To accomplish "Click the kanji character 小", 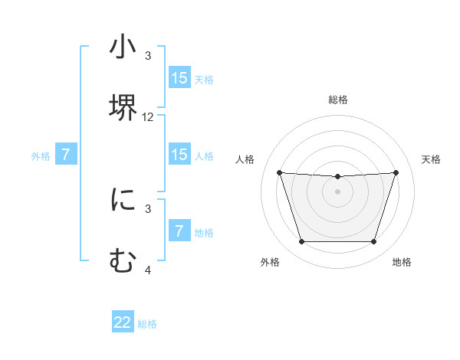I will (123, 47).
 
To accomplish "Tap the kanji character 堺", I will (123, 106).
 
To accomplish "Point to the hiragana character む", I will (123, 260).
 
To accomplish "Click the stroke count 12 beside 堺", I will (148, 117).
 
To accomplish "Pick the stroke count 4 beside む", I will (148, 270).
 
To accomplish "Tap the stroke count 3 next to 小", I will (148, 56).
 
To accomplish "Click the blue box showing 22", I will (123, 322).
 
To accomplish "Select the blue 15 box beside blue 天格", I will (179, 78).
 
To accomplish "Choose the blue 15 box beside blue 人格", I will (179, 155).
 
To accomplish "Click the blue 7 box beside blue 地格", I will (179, 231).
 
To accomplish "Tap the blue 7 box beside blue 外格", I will (66, 155).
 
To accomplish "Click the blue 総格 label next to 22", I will (147, 324).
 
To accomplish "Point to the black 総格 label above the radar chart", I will (338, 100).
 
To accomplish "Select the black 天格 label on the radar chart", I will (432, 159).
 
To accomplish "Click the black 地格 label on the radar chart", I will (402, 262).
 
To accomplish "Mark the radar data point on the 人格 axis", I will (280, 172).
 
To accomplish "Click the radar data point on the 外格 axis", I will (301, 242).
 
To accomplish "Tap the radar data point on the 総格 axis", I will (338, 177).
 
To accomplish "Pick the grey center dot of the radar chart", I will (338, 191).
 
